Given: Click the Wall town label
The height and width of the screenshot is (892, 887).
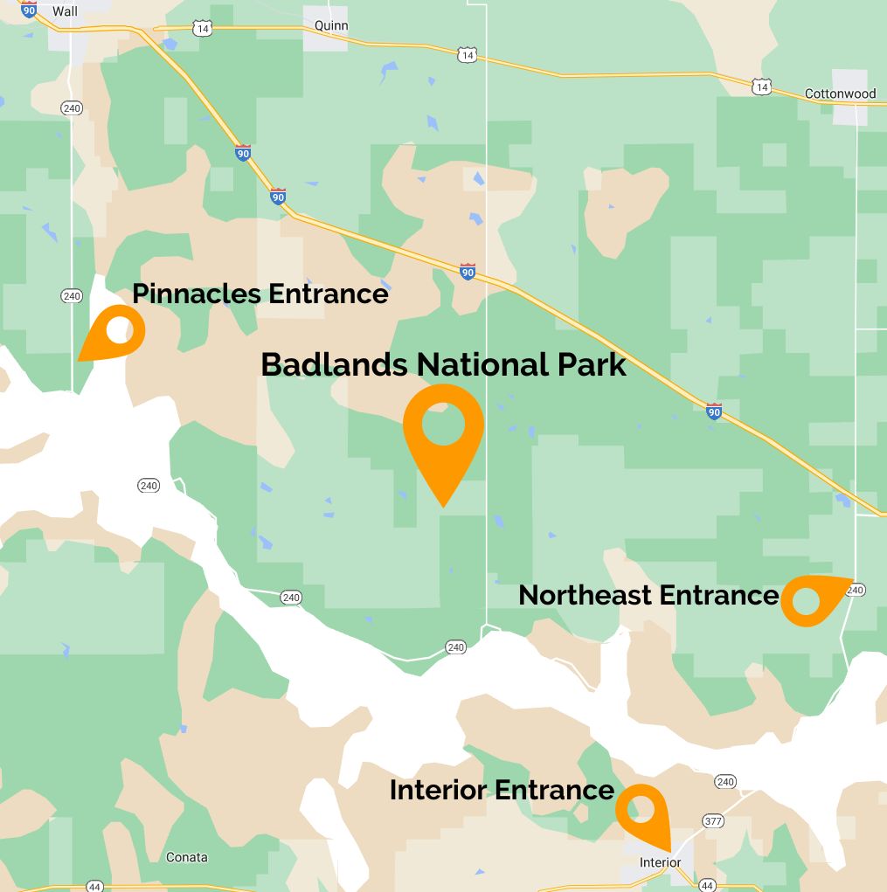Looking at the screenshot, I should pyautogui.click(x=65, y=11).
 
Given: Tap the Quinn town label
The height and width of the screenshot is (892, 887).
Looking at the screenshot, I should pyautogui.click(x=332, y=25).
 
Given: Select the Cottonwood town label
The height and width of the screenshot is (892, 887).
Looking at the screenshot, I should pyautogui.click(x=840, y=93).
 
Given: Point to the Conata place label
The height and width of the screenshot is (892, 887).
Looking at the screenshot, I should pyautogui.click(x=187, y=857).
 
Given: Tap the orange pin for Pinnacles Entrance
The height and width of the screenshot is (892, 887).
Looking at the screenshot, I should pyautogui.click(x=115, y=332).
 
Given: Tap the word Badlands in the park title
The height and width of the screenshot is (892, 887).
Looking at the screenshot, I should pyautogui.click(x=334, y=364).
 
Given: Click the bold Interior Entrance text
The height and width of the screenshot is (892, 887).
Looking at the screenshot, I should pyautogui.click(x=502, y=790).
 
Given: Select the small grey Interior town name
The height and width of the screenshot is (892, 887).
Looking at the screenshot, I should pyautogui.click(x=660, y=862).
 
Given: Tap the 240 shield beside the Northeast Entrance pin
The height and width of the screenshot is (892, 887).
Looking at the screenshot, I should pyautogui.click(x=856, y=591).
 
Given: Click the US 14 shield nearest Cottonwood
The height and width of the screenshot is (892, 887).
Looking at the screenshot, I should pyautogui.click(x=761, y=86).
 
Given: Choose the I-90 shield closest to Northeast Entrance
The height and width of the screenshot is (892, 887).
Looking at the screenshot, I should pyautogui.click(x=714, y=411).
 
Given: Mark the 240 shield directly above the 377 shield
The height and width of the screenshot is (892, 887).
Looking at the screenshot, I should pyautogui.click(x=724, y=782).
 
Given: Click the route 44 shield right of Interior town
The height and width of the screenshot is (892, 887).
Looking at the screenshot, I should pyautogui.click(x=707, y=885).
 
